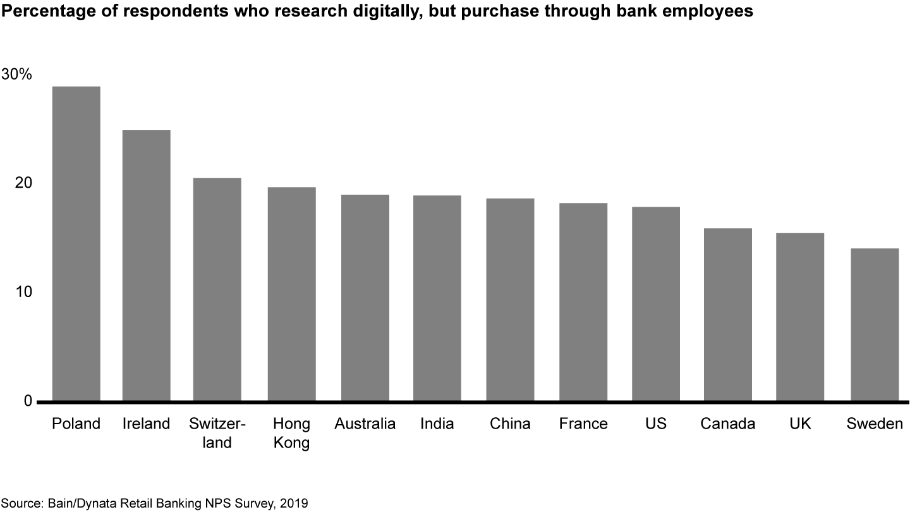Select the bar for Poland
pos(76,243)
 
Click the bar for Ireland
pos(146,265)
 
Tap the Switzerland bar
pos(217,290)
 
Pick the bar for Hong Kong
pos(291,294)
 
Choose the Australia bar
pos(365,298)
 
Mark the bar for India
pos(437,298)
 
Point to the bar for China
pos(510,300)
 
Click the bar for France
pos(583,302)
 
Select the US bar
pos(656,304)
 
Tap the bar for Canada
pos(728,315)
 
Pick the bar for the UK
pos(800,317)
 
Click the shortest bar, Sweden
pos(875,325)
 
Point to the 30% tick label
pos(16,74)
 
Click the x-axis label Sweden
pos(875,424)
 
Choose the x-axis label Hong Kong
pos(291,433)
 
